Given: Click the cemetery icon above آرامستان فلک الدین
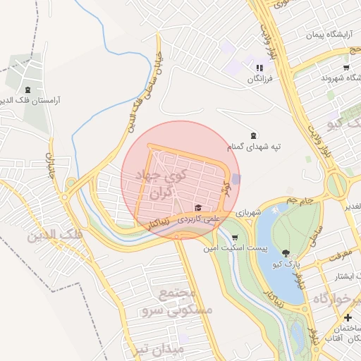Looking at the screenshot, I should tap(27, 90).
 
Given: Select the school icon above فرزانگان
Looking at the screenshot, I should tap(258, 68).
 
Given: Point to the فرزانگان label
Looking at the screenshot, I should tap(259, 79).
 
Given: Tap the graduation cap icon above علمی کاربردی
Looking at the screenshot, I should tap(198, 207).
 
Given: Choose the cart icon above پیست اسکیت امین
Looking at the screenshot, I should tap(235, 238).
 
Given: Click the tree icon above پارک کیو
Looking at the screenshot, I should tap(285, 252).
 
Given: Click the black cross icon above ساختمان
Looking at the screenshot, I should tap(346, 318).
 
